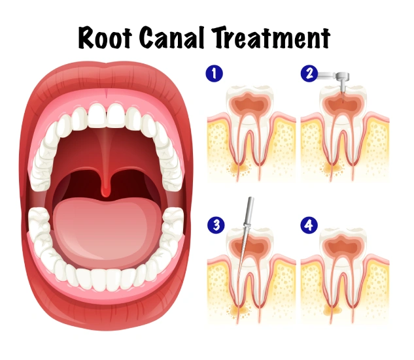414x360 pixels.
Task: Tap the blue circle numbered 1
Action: (215, 73)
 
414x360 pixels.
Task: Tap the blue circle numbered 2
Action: (309, 73)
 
